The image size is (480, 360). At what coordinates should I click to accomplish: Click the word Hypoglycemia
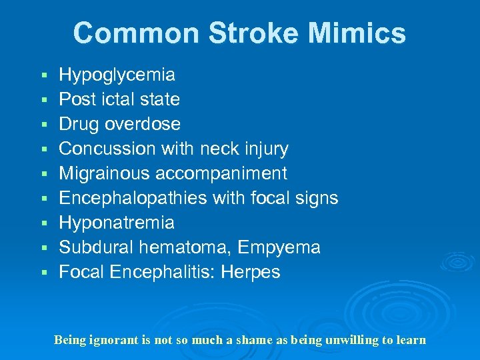point(117,75)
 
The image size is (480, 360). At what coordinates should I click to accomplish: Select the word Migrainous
point(105,173)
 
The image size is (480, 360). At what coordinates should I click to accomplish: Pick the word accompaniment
point(221,173)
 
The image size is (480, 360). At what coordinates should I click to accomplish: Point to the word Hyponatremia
point(117,223)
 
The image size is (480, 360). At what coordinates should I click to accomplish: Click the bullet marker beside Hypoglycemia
point(43,75)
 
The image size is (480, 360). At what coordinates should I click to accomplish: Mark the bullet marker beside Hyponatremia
point(43,223)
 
